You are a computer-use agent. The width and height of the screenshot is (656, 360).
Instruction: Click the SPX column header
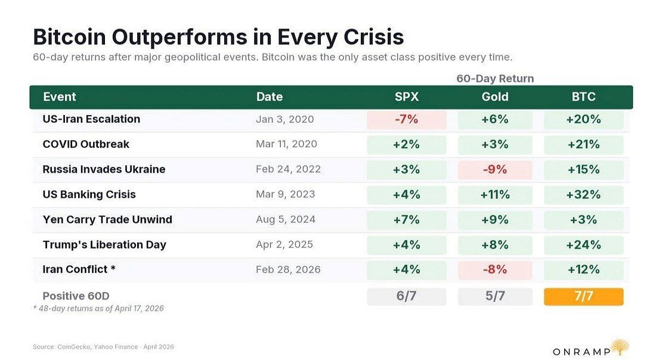pyautogui.click(x=406, y=97)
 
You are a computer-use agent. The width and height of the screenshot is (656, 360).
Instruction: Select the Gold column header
pyautogui.click(x=495, y=97)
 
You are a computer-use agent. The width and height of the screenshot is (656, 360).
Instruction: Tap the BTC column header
pyautogui.click(x=583, y=97)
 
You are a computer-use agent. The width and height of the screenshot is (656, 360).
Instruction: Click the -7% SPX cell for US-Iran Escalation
pyautogui.click(x=406, y=119)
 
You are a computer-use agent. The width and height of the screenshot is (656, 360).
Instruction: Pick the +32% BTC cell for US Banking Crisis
pyautogui.click(x=583, y=194)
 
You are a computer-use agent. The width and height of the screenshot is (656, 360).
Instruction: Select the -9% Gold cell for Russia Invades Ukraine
pyautogui.click(x=495, y=169)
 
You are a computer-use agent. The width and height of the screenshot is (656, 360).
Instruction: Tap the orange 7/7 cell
pyautogui.click(x=583, y=296)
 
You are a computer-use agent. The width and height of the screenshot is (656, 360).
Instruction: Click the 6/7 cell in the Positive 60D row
pyautogui.click(x=406, y=296)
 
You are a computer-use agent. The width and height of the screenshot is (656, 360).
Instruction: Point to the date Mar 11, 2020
pyautogui.click(x=286, y=144)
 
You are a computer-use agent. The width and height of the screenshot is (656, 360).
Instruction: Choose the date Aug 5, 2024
pyautogui.click(x=284, y=219)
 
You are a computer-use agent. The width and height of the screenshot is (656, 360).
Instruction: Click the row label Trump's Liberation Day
pyautogui.click(x=104, y=244)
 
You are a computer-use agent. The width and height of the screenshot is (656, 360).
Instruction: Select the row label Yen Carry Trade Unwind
pyautogui.click(x=107, y=219)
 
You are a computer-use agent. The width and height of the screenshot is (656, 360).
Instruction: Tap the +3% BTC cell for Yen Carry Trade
pyautogui.click(x=583, y=219)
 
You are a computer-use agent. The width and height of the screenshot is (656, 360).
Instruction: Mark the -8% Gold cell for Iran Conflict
pyautogui.click(x=495, y=269)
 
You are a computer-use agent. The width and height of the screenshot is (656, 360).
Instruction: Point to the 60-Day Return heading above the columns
pyautogui.click(x=495, y=79)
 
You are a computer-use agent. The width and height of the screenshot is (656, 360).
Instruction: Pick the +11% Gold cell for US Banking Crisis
pyautogui.click(x=495, y=194)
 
